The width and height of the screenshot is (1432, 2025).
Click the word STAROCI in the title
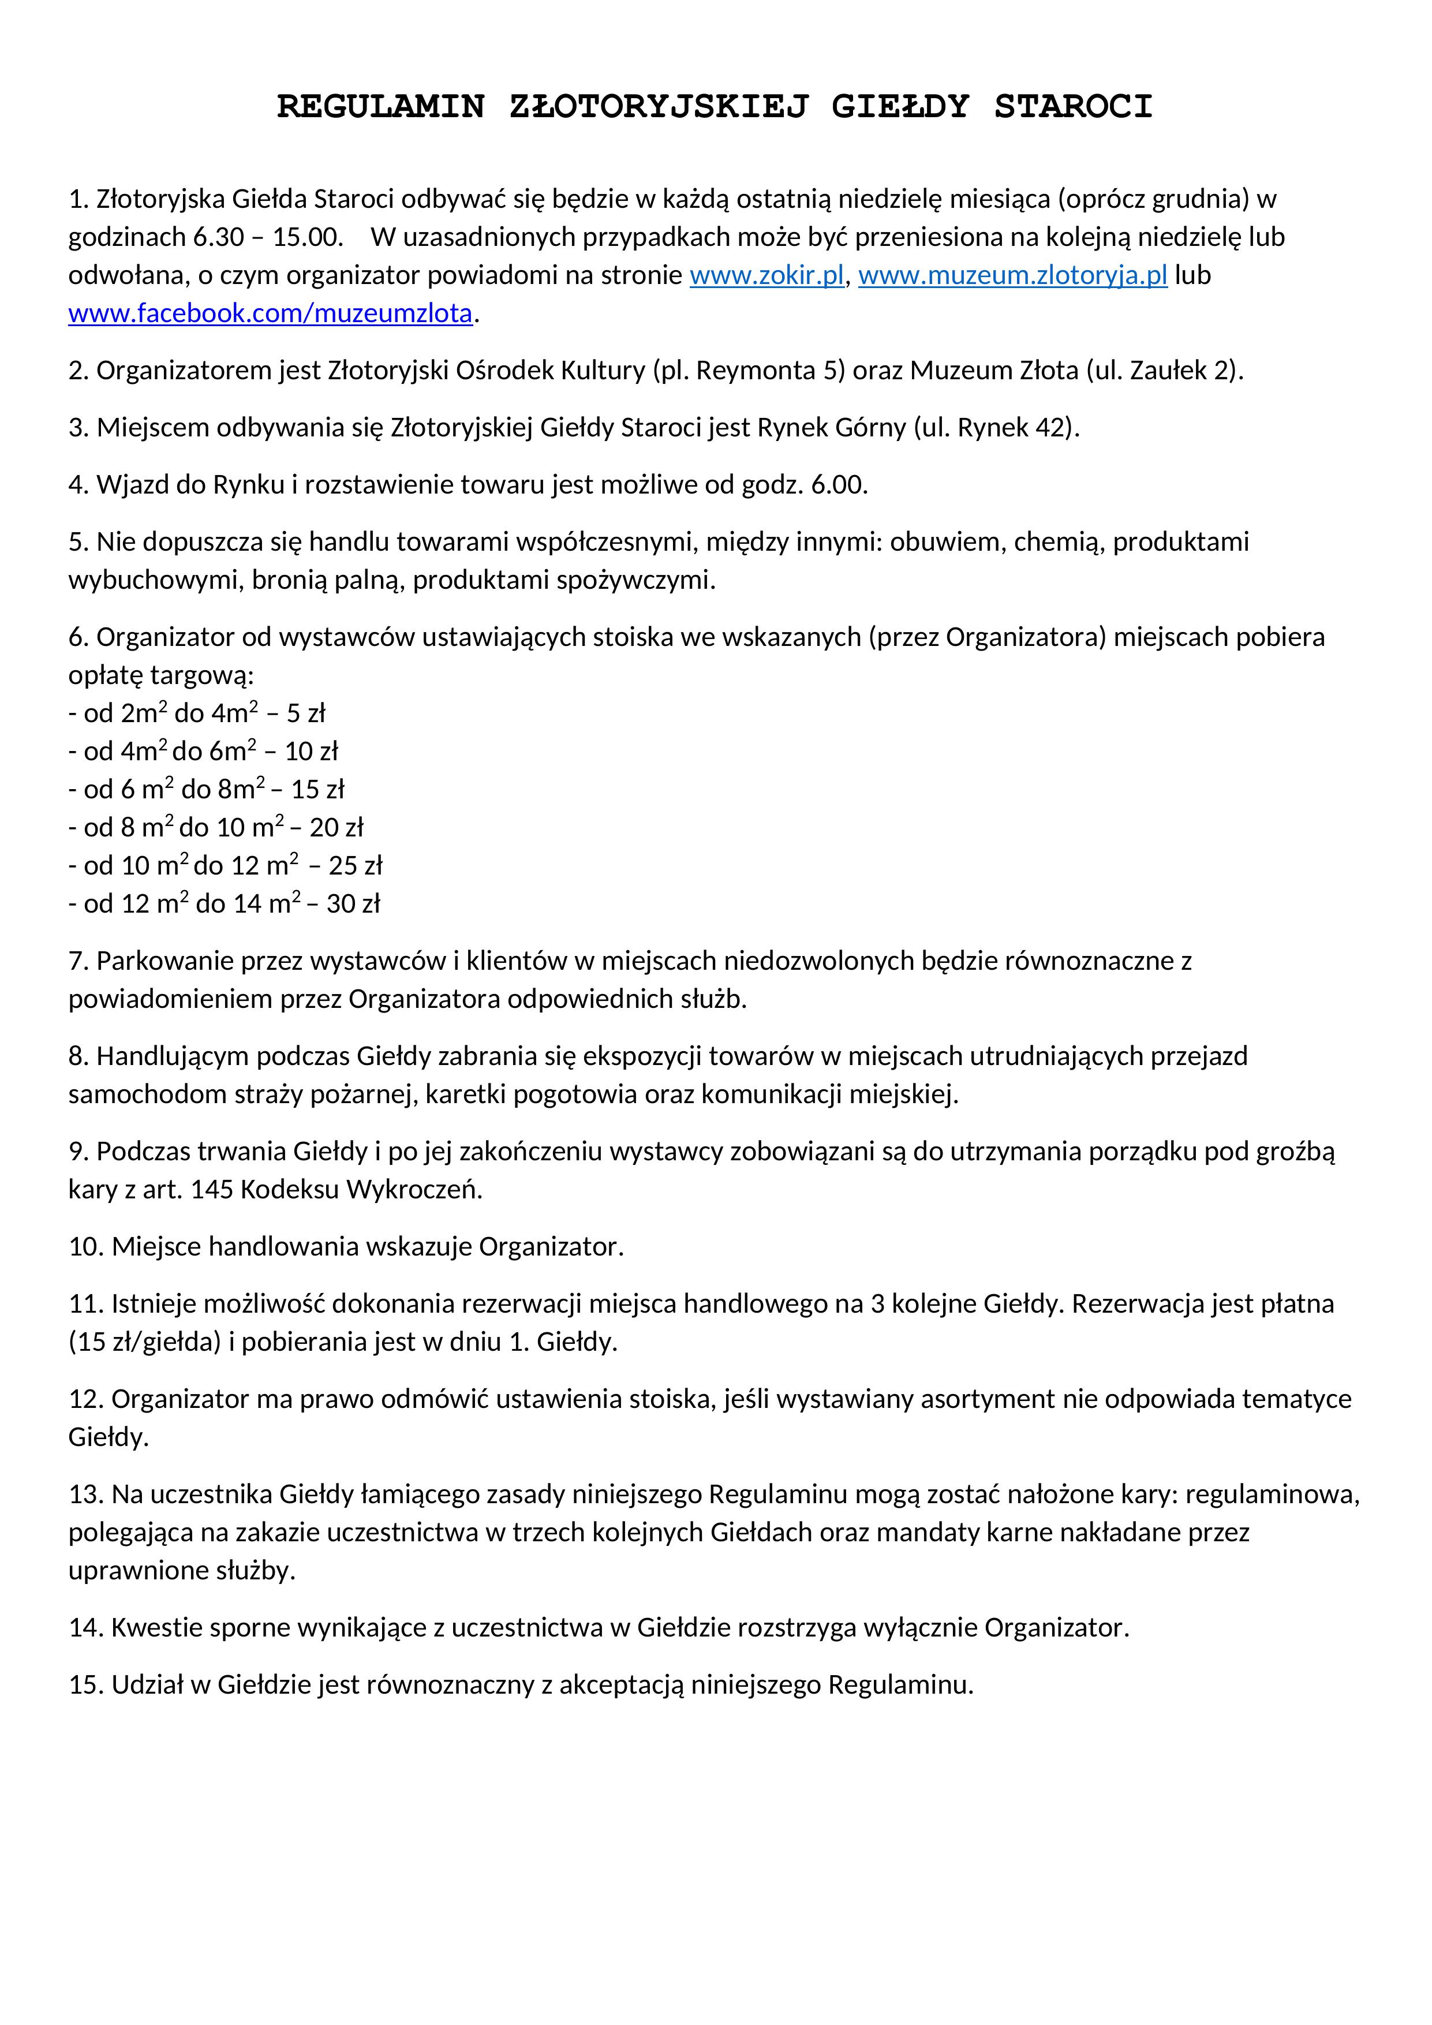1073,107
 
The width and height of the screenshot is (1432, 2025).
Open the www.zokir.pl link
767,276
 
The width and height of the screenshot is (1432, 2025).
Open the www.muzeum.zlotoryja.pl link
1012,276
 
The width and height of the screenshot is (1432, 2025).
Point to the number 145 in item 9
212,1190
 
